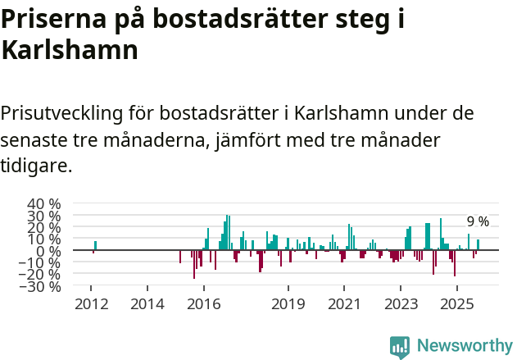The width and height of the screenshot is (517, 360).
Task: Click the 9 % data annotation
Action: tap(478, 221)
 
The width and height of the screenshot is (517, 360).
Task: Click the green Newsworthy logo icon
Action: tap(400, 346)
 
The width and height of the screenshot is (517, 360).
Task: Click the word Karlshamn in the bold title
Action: tap(69, 51)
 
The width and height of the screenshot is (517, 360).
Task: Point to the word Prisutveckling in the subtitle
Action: tap(72, 112)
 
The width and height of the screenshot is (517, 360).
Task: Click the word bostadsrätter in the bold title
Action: tap(238, 18)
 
